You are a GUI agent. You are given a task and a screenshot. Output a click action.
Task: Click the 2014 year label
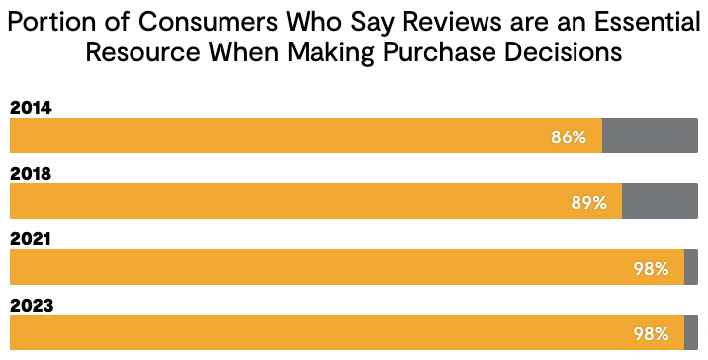[31, 108]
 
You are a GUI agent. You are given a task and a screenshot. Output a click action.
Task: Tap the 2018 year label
[31, 173]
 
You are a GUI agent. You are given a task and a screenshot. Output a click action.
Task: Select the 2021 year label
[31, 239]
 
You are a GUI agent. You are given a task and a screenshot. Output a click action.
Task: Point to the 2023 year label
[31, 305]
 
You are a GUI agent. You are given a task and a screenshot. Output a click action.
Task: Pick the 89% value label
[588, 203]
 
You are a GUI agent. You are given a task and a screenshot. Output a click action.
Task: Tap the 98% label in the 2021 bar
[652, 268]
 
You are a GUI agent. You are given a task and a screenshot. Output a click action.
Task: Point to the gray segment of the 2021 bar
[690, 267]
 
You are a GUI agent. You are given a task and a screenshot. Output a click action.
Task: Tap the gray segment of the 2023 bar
[690, 332]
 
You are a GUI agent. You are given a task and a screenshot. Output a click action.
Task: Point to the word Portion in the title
[51, 21]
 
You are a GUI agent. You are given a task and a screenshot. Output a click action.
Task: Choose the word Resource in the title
[138, 52]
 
